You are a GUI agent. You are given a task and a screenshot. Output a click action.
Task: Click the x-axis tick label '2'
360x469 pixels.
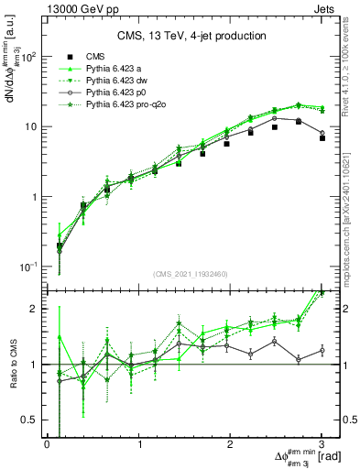pyautogui.click(x=231, y=444)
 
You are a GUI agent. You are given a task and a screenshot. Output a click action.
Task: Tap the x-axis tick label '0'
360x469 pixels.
pyautogui.click(x=47, y=444)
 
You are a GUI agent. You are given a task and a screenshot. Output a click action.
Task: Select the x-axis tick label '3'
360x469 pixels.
pyautogui.click(x=322, y=444)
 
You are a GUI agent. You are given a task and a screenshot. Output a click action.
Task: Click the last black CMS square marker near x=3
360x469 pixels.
pyautogui.click(x=322, y=138)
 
